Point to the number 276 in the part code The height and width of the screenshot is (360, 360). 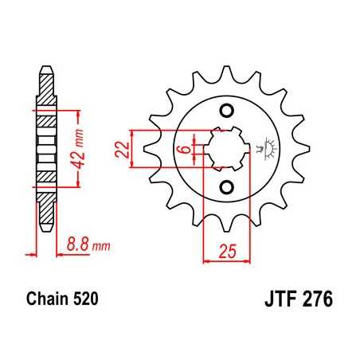tap(315, 302)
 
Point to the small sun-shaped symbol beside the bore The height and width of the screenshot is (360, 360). tap(264, 147)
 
